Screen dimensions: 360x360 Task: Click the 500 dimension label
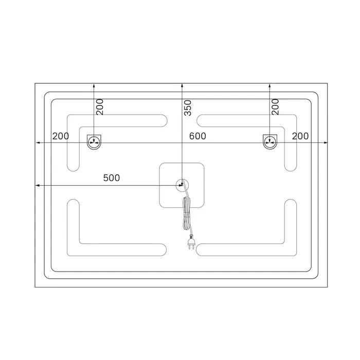[x=112, y=178]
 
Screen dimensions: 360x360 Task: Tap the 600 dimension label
[x=197, y=136]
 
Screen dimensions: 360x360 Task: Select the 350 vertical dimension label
[x=188, y=107]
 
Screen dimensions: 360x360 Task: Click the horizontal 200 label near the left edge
[x=61, y=136]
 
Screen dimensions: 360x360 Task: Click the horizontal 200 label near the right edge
[x=300, y=136]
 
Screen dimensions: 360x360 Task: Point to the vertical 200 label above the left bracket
[x=100, y=107]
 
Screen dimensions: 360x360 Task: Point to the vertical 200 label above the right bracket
[x=275, y=107]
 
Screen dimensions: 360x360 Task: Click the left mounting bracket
[x=94, y=142]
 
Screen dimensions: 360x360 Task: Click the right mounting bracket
[x=270, y=142]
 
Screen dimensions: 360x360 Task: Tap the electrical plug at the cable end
[x=191, y=243]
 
